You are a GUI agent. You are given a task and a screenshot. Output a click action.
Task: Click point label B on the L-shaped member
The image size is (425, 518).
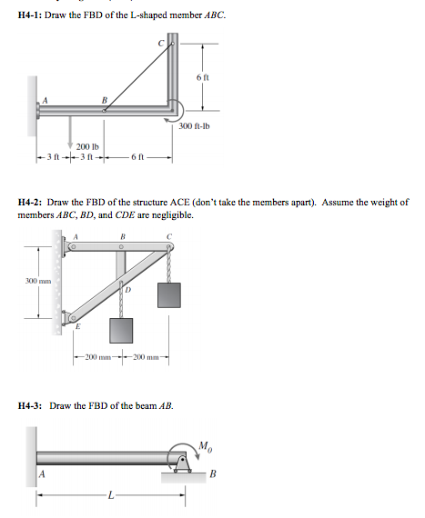104,100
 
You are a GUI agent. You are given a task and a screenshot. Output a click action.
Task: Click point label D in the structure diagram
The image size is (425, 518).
128,290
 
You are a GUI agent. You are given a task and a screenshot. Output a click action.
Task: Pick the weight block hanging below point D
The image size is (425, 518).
121,331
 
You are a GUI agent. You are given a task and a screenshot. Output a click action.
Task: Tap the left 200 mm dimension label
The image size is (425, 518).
100,354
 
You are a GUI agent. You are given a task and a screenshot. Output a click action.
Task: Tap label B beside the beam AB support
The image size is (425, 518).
214,473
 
